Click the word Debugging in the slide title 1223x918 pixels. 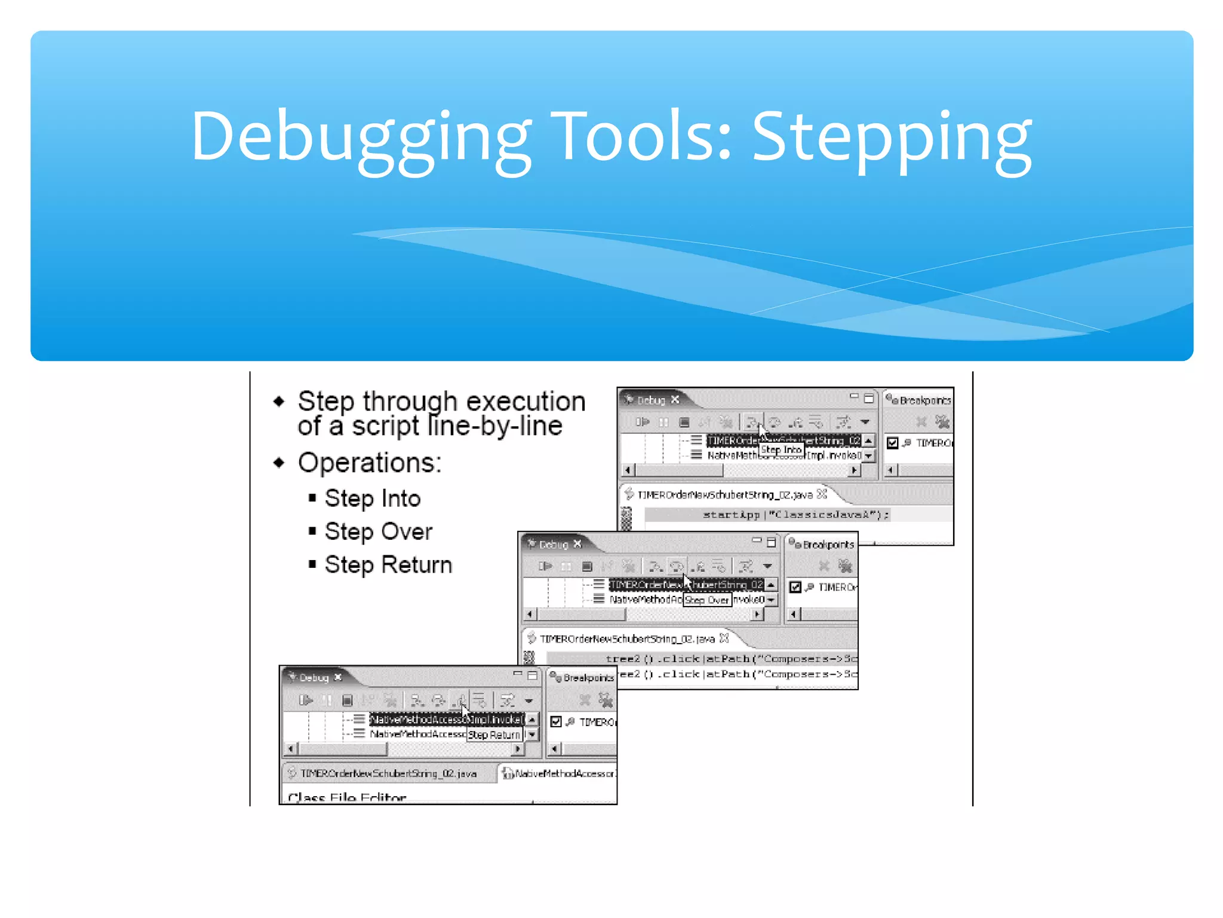[x=361, y=137]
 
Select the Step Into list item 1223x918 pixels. [x=373, y=498]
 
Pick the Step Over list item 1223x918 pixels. [x=379, y=531]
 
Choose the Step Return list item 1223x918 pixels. [x=388, y=565]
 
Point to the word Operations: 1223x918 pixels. [x=370, y=463]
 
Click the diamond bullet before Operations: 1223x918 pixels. [x=279, y=463]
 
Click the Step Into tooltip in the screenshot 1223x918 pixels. [x=781, y=449]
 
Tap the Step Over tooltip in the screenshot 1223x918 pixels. [x=707, y=599]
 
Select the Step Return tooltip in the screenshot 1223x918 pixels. [x=494, y=735]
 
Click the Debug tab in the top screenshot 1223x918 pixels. [x=651, y=400]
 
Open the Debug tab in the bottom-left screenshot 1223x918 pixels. [x=314, y=677]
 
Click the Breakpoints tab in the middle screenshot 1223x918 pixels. [x=828, y=544]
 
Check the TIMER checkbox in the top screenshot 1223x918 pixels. [x=893, y=443]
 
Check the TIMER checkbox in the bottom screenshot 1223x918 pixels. [x=556, y=721]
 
